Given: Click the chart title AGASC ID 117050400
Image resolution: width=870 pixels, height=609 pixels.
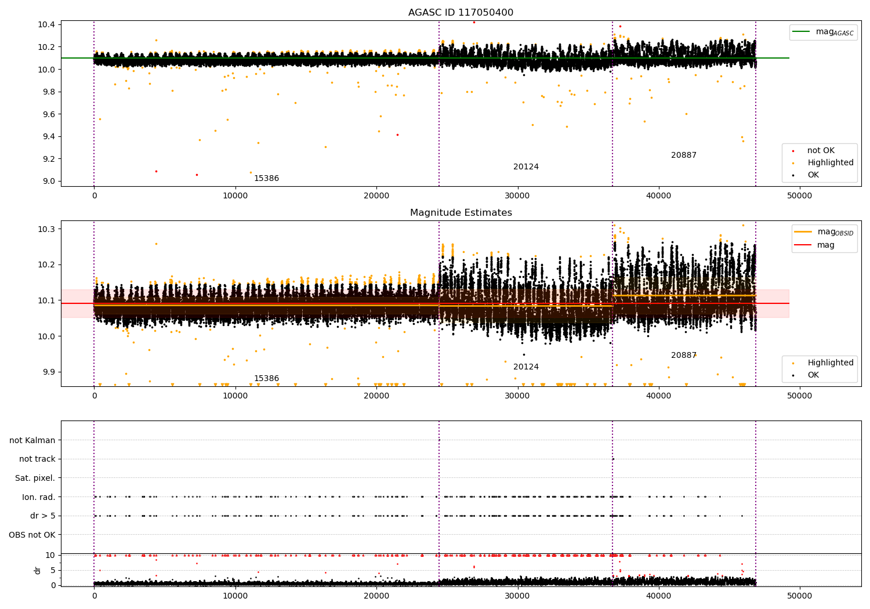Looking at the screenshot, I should [461, 13].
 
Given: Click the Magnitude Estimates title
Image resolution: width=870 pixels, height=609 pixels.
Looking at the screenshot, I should [461, 213].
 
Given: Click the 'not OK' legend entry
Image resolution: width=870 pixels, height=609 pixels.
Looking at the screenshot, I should [821, 151].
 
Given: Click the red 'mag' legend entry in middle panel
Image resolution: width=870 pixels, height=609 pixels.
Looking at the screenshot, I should [825, 245].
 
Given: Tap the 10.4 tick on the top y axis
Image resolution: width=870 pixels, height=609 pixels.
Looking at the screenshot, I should [46, 24].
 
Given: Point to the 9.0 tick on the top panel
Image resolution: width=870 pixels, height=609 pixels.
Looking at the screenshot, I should [48, 181].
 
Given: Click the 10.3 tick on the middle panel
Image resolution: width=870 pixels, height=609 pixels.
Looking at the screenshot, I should [46, 229].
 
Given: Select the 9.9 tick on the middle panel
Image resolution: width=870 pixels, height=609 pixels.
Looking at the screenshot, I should [48, 372].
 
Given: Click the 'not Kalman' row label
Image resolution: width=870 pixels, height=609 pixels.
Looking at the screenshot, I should [32, 440].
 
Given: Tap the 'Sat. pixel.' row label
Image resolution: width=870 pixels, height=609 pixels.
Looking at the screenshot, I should [35, 478].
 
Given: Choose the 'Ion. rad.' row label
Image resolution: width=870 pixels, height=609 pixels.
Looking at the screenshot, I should [38, 497].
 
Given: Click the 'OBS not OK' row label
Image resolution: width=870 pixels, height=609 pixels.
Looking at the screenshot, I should [32, 535].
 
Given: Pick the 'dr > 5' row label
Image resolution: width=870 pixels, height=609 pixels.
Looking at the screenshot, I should [42, 516].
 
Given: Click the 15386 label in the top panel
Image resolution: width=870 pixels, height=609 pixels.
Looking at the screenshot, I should [266, 179].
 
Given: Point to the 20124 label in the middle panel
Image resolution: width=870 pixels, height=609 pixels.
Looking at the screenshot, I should [525, 367].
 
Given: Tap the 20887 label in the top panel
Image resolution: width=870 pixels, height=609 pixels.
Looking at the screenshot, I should [683, 155].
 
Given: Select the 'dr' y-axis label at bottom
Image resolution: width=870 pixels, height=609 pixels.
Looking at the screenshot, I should [38, 570].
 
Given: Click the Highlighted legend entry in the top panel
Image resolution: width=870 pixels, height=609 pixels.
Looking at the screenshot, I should [830, 163].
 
